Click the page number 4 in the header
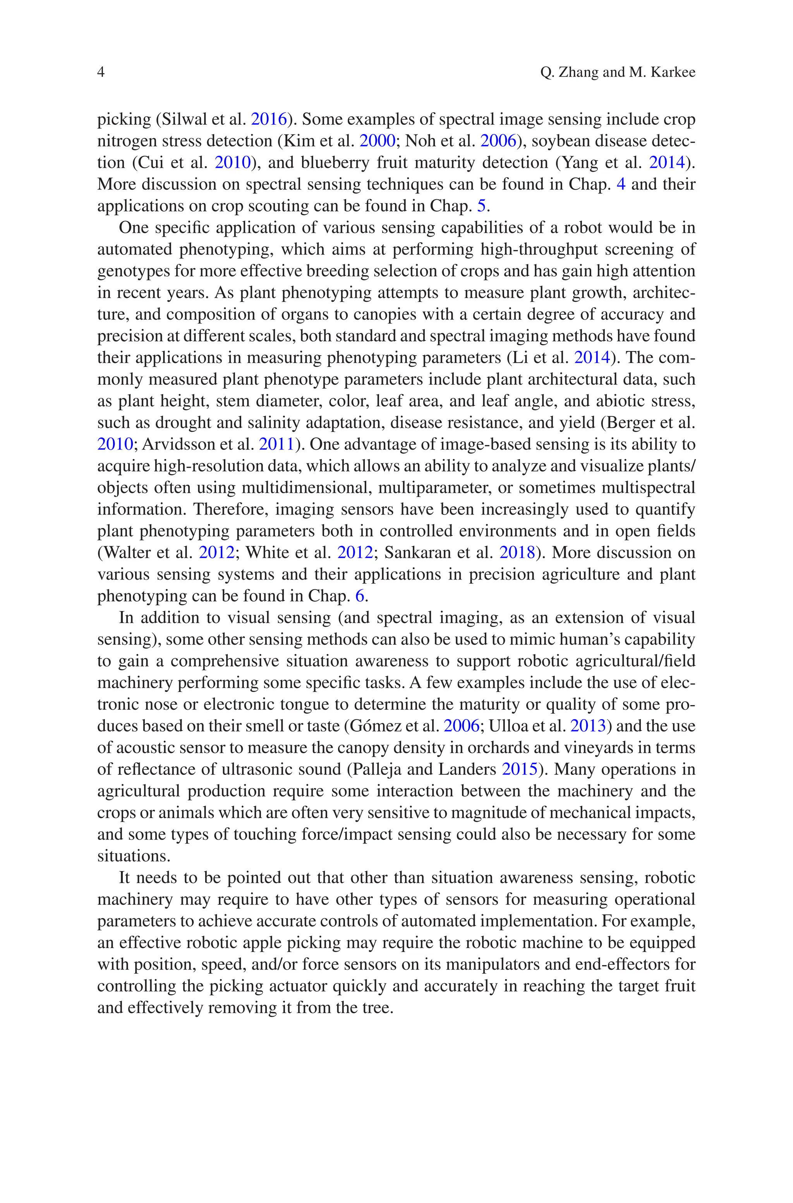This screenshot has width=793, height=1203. click(101, 73)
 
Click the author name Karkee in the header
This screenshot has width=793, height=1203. click(672, 73)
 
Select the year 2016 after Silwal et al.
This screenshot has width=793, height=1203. click(269, 119)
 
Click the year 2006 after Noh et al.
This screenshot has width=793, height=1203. click(498, 141)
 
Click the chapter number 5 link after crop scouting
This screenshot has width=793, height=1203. click(481, 206)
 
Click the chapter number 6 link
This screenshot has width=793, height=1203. click(360, 596)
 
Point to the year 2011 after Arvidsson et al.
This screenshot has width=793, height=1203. click(276, 444)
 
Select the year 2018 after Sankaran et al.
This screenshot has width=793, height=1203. click(517, 552)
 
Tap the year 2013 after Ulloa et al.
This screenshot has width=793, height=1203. click(588, 726)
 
